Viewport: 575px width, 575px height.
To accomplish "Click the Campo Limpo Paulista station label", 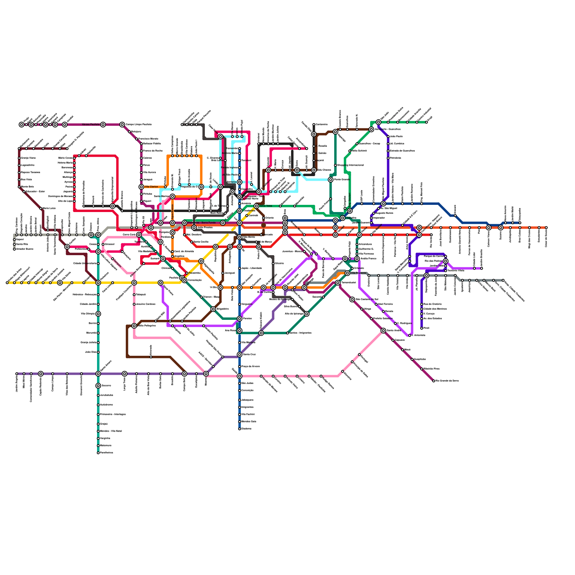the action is click(x=138, y=125).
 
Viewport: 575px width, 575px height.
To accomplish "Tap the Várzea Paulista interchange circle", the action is click(x=103, y=125).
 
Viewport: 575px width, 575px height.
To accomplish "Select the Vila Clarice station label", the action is click(x=151, y=187).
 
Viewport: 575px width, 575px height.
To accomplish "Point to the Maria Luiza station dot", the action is click(x=41, y=208).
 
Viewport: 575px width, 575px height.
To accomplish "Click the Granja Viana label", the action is click(x=28, y=158).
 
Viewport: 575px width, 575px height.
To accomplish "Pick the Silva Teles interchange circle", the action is click(x=256, y=206).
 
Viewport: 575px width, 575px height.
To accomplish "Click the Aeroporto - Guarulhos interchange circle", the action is click(x=371, y=129).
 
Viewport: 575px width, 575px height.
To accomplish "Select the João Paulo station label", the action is click(x=396, y=137).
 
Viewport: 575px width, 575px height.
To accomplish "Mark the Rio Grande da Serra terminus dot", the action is click(x=434, y=381).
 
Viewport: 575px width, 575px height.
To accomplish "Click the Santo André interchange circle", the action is click(x=383, y=331).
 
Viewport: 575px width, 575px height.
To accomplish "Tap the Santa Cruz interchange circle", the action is click(x=240, y=355).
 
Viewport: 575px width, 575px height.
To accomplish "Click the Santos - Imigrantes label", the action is click(x=300, y=333).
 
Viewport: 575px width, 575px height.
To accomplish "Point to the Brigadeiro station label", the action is click(x=222, y=309).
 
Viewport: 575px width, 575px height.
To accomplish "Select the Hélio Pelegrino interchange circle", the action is click(x=134, y=326).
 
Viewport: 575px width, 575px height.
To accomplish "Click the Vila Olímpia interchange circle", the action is click(x=98, y=314).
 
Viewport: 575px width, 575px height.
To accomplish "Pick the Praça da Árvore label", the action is click(x=250, y=367).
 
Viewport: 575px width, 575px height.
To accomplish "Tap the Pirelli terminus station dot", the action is click(x=422, y=328).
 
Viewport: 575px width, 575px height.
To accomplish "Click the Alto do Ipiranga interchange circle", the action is click(x=307, y=314).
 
